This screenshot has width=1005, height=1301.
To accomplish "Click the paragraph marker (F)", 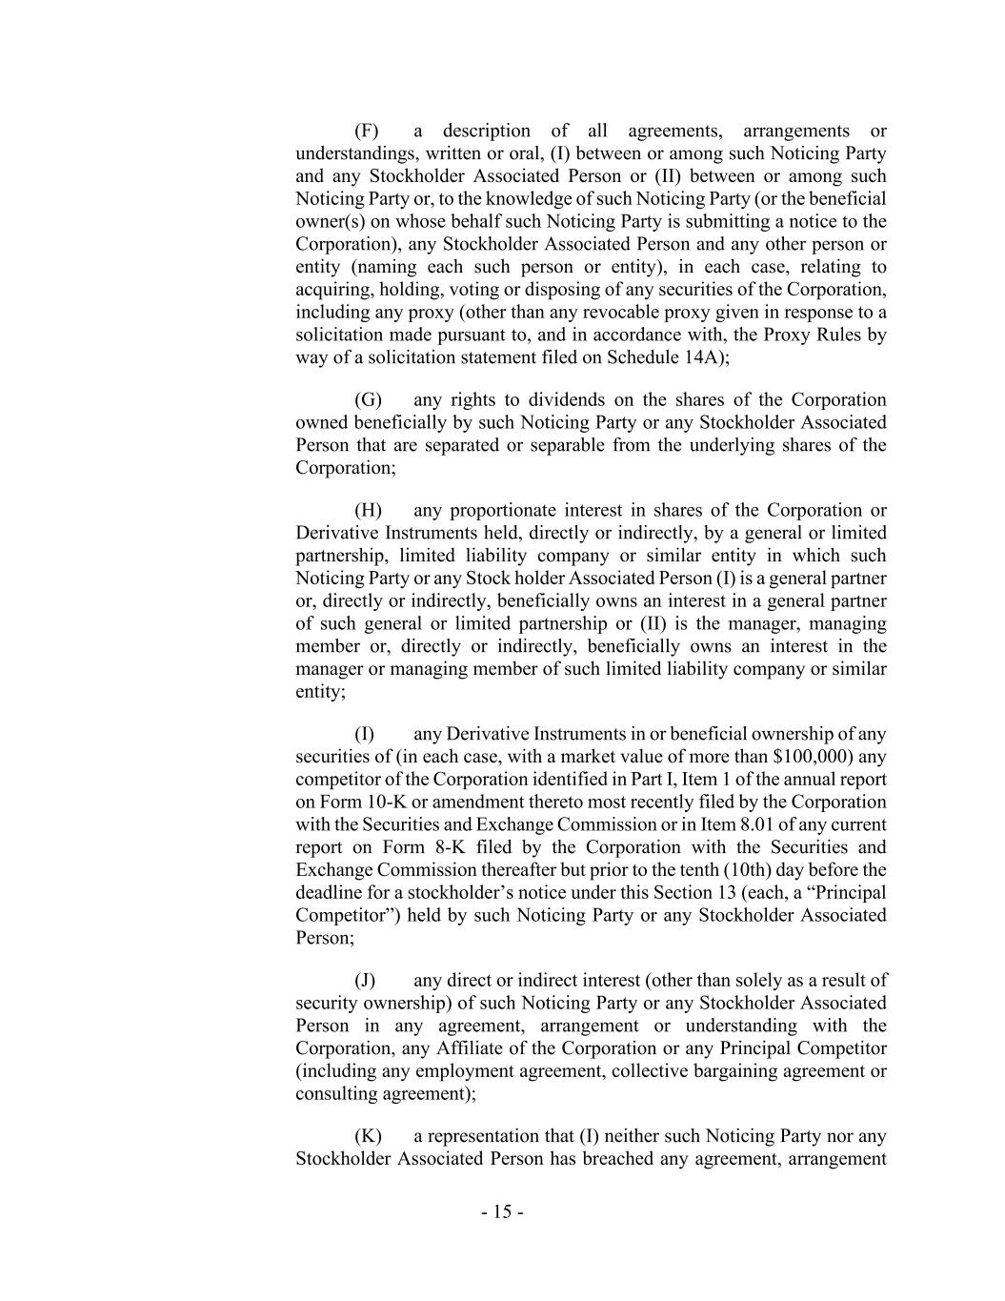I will [x=366, y=131].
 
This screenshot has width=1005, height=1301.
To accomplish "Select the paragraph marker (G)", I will [x=367, y=399].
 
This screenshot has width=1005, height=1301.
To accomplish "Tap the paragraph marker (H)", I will [x=367, y=510].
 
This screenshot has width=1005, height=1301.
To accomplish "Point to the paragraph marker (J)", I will [x=365, y=980].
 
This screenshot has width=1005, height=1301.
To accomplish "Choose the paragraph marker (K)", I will [x=367, y=1136].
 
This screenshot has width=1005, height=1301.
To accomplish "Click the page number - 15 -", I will [x=502, y=1212].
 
